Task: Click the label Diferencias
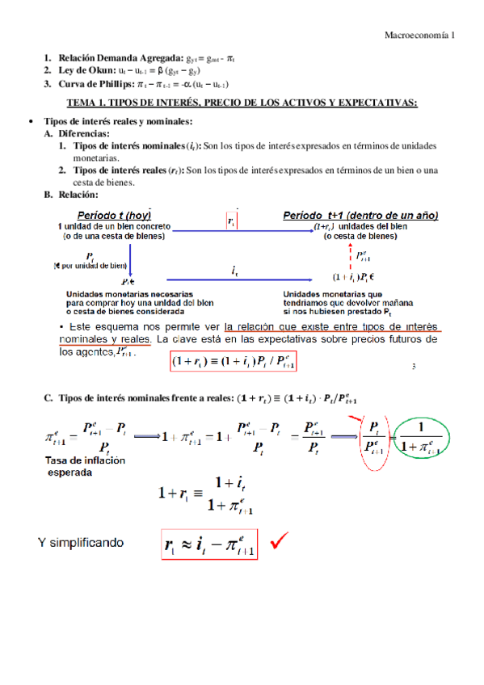tap(88, 133)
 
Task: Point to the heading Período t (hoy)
tap(112, 216)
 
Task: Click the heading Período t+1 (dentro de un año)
tap(360, 216)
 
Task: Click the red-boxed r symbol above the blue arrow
tap(232, 220)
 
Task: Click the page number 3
tap(413, 368)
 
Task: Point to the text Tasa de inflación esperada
tap(81, 466)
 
